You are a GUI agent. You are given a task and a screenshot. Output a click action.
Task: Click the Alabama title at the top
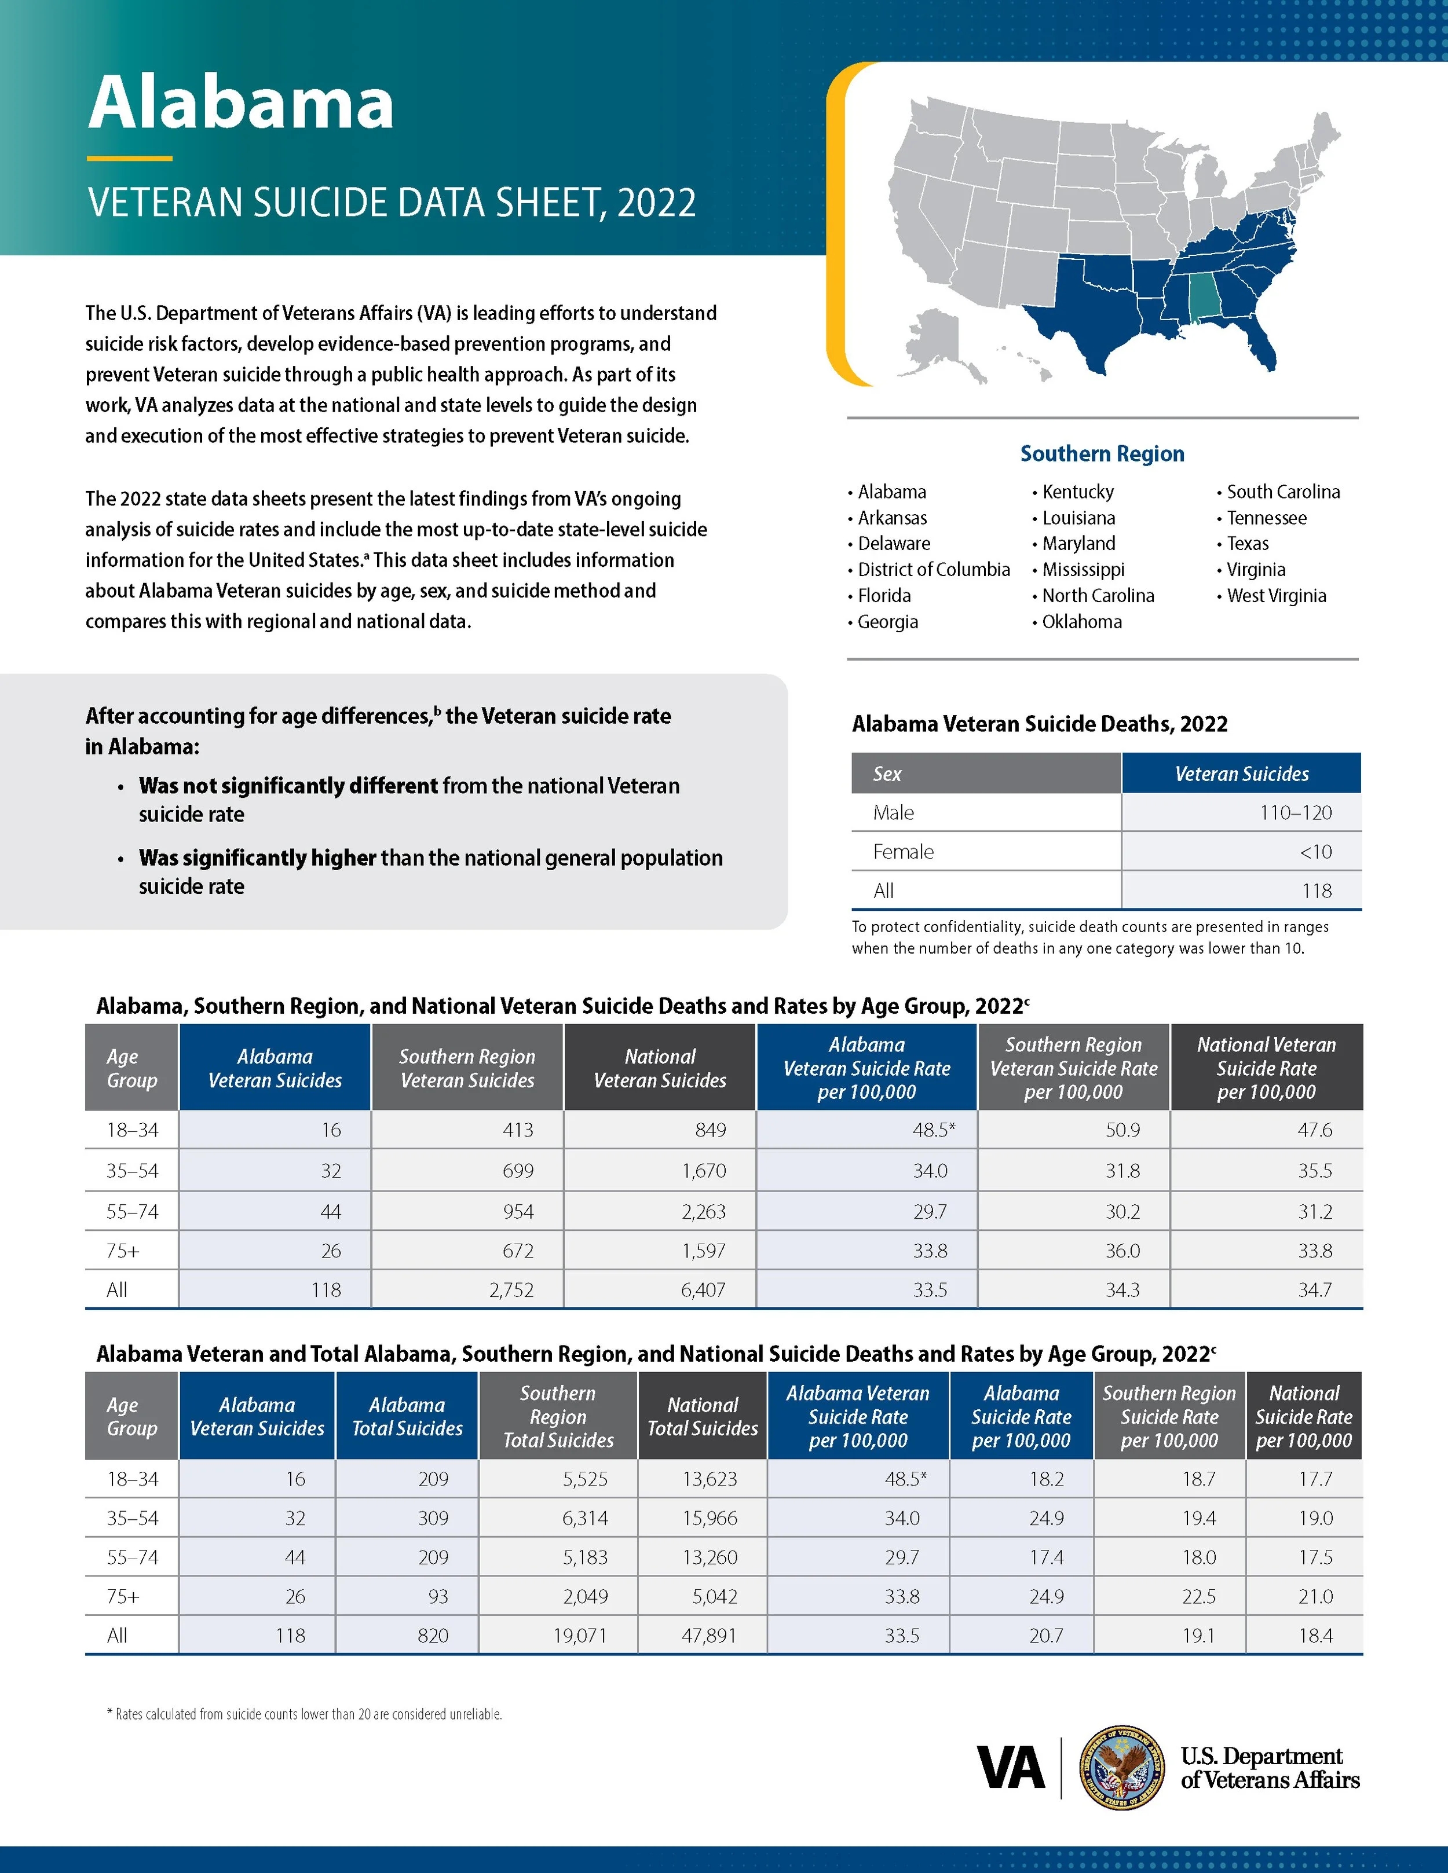[241, 103]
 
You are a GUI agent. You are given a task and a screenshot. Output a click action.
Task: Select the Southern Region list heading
[1102, 454]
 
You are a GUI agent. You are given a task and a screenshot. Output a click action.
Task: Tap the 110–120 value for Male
[1295, 812]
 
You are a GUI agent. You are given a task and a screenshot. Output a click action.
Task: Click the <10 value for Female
[1315, 852]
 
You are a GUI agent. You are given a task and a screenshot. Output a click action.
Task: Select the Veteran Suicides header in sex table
[1241, 774]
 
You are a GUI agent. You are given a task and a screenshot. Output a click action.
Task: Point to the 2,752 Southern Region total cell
[511, 1290]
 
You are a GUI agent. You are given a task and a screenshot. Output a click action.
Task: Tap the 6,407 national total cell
[703, 1290]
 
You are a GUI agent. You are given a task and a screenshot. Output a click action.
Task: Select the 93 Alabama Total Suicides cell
[437, 1596]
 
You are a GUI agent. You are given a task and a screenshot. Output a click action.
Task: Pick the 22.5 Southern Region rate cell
[1198, 1596]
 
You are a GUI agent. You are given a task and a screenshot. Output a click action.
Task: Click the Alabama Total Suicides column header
[407, 1416]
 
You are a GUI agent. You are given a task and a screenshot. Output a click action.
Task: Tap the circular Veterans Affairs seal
[1121, 1768]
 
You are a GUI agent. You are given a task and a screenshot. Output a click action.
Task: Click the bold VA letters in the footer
[1011, 1768]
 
